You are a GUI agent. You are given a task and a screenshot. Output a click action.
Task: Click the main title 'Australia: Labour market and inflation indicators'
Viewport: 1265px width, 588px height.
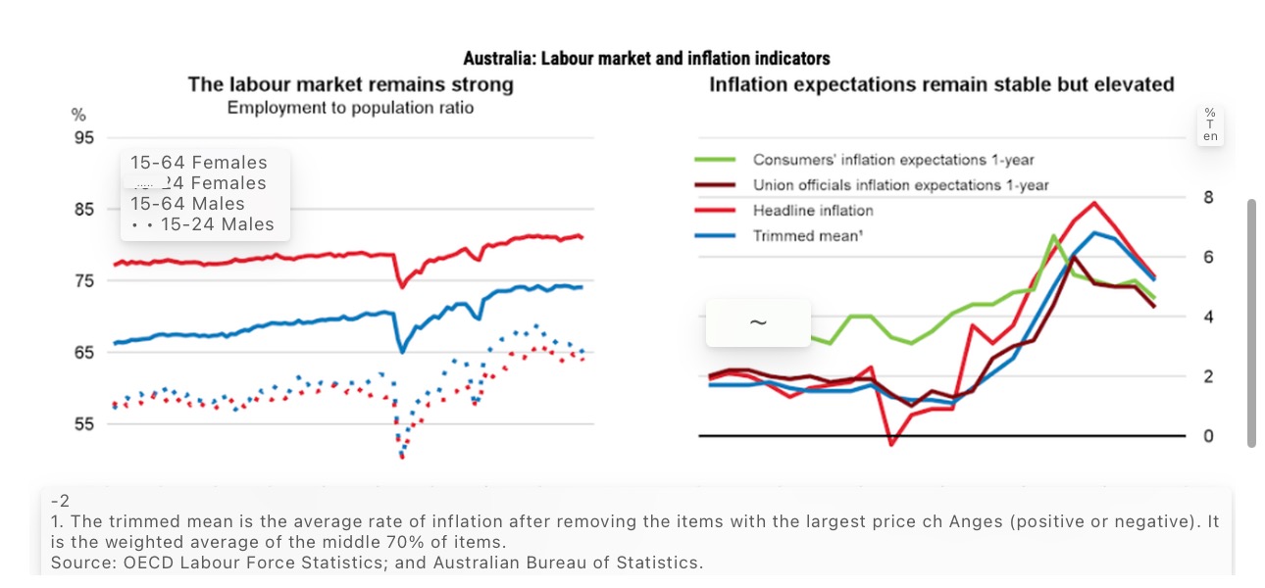click(x=646, y=59)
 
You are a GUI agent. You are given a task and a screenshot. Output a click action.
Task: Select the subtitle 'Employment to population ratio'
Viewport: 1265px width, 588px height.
click(x=350, y=108)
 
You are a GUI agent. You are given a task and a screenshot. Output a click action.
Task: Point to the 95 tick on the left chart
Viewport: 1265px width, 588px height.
click(x=84, y=138)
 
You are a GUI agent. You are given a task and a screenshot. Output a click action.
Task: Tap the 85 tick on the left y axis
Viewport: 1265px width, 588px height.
click(x=84, y=210)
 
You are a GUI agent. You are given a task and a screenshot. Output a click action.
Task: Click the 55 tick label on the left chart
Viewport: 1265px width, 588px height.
click(x=84, y=424)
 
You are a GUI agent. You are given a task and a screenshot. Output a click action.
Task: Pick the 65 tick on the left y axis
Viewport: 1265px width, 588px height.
click(x=84, y=353)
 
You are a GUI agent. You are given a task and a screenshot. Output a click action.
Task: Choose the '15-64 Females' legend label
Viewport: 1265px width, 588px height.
click(x=198, y=163)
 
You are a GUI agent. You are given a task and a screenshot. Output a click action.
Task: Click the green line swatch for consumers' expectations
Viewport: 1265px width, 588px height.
click(x=715, y=160)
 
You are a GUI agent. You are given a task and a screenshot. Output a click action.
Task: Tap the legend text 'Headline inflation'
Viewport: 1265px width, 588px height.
click(x=813, y=211)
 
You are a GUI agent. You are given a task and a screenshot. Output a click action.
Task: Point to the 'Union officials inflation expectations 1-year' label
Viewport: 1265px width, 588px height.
click(x=900, y=185)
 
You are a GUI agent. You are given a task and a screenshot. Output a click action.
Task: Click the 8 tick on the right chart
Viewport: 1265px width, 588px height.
click(x=1208, y=197)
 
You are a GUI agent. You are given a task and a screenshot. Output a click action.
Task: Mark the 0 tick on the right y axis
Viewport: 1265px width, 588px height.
click(x=1208, y=436)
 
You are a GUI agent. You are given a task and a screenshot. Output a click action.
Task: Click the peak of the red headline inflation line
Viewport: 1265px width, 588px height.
click(x=1093, y=203)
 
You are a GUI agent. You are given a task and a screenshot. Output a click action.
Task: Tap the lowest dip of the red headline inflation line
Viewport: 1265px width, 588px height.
click(x=891, y=445)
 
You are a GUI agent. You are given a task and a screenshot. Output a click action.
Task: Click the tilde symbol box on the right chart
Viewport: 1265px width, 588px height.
click(x=758, y=322)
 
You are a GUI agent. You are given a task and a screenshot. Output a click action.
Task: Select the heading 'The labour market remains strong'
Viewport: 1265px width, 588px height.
click(x=350, y=84)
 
